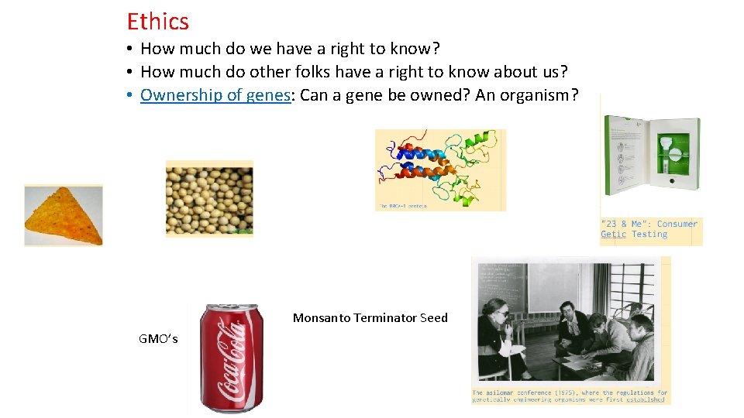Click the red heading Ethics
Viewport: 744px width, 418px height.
[x=157, y=22]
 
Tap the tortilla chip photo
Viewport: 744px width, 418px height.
[x=63, y=215]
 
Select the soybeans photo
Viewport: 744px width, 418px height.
[x=209, y=198]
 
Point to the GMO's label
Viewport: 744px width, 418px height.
[x=158, y=338]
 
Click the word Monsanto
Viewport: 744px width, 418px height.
[x=321, y=317]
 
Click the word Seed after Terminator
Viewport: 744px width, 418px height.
[x=434, y=317]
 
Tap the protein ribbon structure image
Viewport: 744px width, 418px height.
[x=439, y=169]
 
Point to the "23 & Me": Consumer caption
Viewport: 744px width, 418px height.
[x=649, y=224]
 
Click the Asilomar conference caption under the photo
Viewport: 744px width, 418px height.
[x=570, y=396]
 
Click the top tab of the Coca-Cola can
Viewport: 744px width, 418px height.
[x=232, y=307]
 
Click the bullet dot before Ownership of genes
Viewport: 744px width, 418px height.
[x=132, y=95]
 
